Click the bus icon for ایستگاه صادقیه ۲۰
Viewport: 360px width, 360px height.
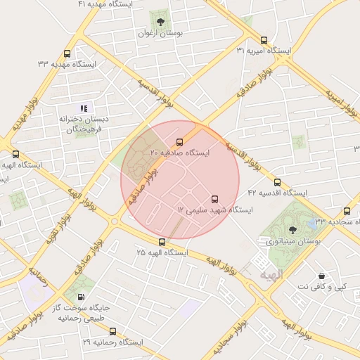pos(180,142)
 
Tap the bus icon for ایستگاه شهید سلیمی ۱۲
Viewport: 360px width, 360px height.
pos(215,199)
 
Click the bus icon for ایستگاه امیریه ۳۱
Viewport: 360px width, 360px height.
pos(264,40)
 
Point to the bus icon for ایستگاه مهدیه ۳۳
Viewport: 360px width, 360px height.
pos(67,53)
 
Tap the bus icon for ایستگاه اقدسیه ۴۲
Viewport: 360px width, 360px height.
pos(276,182)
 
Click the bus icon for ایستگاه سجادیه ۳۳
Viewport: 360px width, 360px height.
pos(347,211)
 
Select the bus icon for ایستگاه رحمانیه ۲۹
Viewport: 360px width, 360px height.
pos(112,331)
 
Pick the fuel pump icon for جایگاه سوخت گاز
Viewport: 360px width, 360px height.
pos(82,297)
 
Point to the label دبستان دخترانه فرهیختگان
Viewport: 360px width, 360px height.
pos(81,124)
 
